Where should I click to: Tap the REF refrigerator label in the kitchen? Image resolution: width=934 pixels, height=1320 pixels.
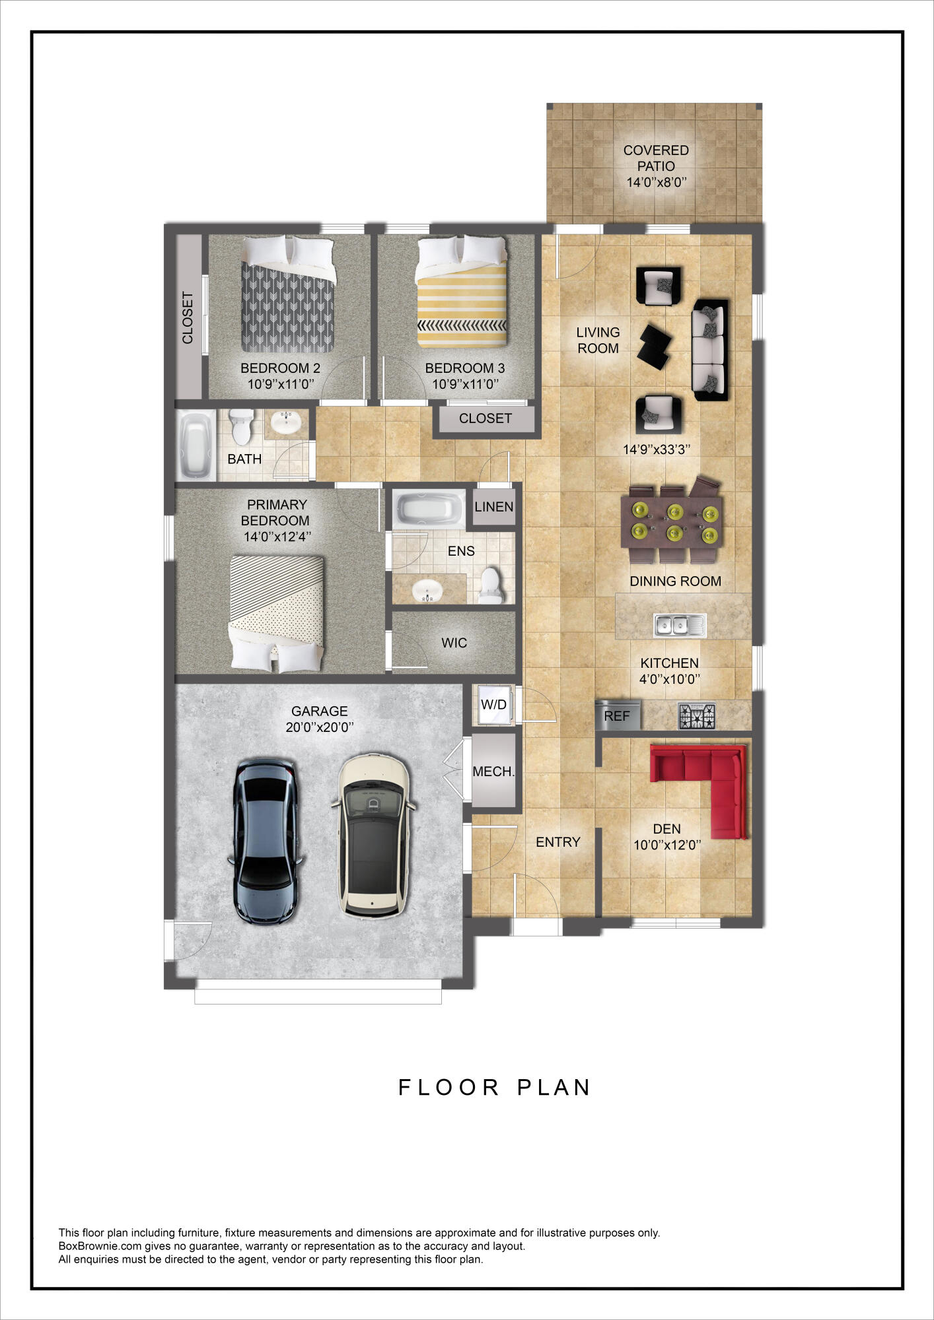tap(616, 716)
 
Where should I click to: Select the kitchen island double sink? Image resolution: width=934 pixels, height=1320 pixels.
tap(679, 624)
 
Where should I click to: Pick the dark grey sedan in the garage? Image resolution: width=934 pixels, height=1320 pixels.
tap(266, 841)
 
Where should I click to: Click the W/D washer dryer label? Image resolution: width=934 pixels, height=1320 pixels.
tap(493, 704)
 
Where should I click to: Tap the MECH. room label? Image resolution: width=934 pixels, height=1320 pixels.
tap(493, 771)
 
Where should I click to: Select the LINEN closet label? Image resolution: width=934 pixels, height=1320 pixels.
tap(493, 507)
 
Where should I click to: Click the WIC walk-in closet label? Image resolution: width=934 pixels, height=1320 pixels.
tap(454, 643)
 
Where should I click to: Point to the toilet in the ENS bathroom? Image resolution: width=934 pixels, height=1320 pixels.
tap(490, 586)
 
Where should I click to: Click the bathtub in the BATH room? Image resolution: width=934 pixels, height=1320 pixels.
tap(196, 445)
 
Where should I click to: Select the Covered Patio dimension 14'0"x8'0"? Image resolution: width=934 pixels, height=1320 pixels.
tap(656, 182)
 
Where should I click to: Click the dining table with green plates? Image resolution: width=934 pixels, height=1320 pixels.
tap(672, 522)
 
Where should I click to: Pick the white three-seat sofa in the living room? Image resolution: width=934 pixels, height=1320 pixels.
tap(709, 350)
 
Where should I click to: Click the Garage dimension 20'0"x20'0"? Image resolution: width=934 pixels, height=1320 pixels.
tap(320, 727)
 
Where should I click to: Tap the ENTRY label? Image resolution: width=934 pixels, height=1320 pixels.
tap(557, 842)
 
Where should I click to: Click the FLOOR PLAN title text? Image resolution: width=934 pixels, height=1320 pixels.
tap(494, 1088)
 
